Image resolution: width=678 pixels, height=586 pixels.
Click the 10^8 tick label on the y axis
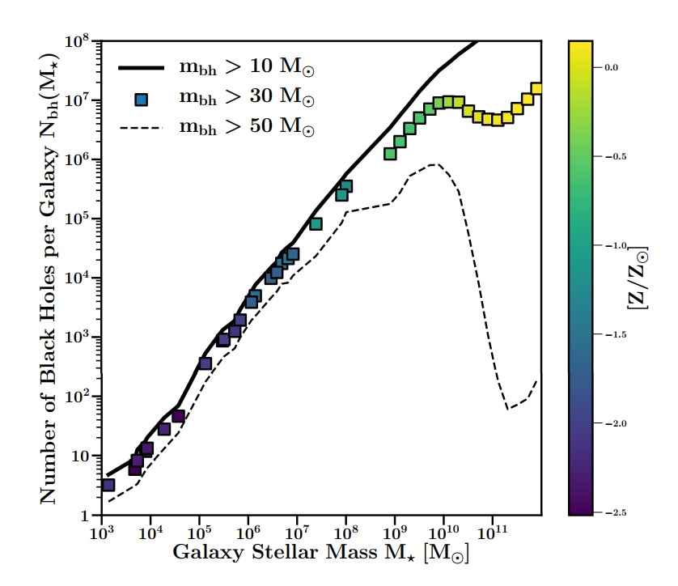[x=84, y=41]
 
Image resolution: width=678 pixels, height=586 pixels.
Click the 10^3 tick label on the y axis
[x=84, y=338]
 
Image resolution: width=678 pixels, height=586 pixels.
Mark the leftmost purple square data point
[x=108, y=485]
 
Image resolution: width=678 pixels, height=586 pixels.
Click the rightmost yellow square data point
[x=536, y=89]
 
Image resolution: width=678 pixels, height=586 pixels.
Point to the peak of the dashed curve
[x=435, y=164]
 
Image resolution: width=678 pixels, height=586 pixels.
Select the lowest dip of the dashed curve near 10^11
[x=508, y=409]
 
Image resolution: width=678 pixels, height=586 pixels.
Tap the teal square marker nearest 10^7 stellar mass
[x=316, y=223]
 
